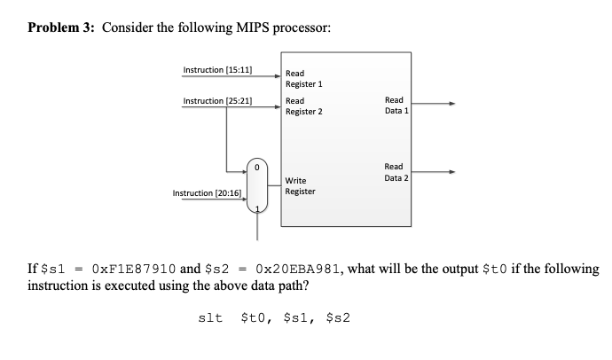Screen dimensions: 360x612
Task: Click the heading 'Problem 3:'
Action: tap(62, 26)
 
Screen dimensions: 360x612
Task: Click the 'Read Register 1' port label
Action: tap(303, 79)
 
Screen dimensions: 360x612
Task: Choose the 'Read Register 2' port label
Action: tap(303, 106)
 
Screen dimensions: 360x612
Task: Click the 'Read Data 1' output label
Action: tap(394, 106)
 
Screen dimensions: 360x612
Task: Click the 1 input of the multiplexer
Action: tap(257, 210)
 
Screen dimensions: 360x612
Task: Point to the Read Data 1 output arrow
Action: tap(435, 105)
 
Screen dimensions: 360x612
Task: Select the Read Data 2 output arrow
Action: tap(435, 172)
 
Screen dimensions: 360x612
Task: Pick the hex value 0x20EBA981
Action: tap(299, 267)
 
